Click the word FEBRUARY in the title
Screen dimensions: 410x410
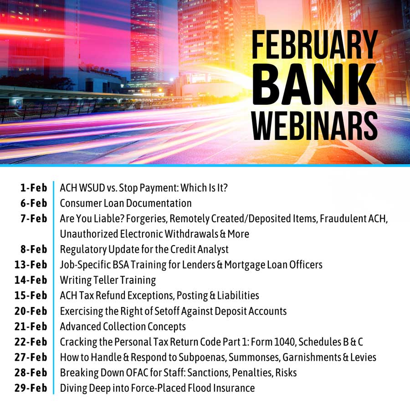(x=315, y=45)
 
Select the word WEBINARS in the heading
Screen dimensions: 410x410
(x=315, y=126)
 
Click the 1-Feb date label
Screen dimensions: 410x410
(x=34, y=188)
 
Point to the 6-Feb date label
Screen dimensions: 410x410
(x=34, y=203)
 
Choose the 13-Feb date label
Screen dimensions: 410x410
(x=31, y=265)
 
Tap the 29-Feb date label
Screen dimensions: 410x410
(x=31, y=388)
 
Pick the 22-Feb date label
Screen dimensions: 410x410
(x=31, y=342)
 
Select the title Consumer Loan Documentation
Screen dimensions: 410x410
(x=126, y=203)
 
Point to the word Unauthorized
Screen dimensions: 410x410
(x=89, y=234)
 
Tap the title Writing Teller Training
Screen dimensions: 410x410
(x=108, y=280)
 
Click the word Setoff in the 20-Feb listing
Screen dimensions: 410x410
(x=167, y=311)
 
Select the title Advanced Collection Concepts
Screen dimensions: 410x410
(x=123, y=327)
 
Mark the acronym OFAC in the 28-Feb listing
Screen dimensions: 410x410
(x=137, y=373)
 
